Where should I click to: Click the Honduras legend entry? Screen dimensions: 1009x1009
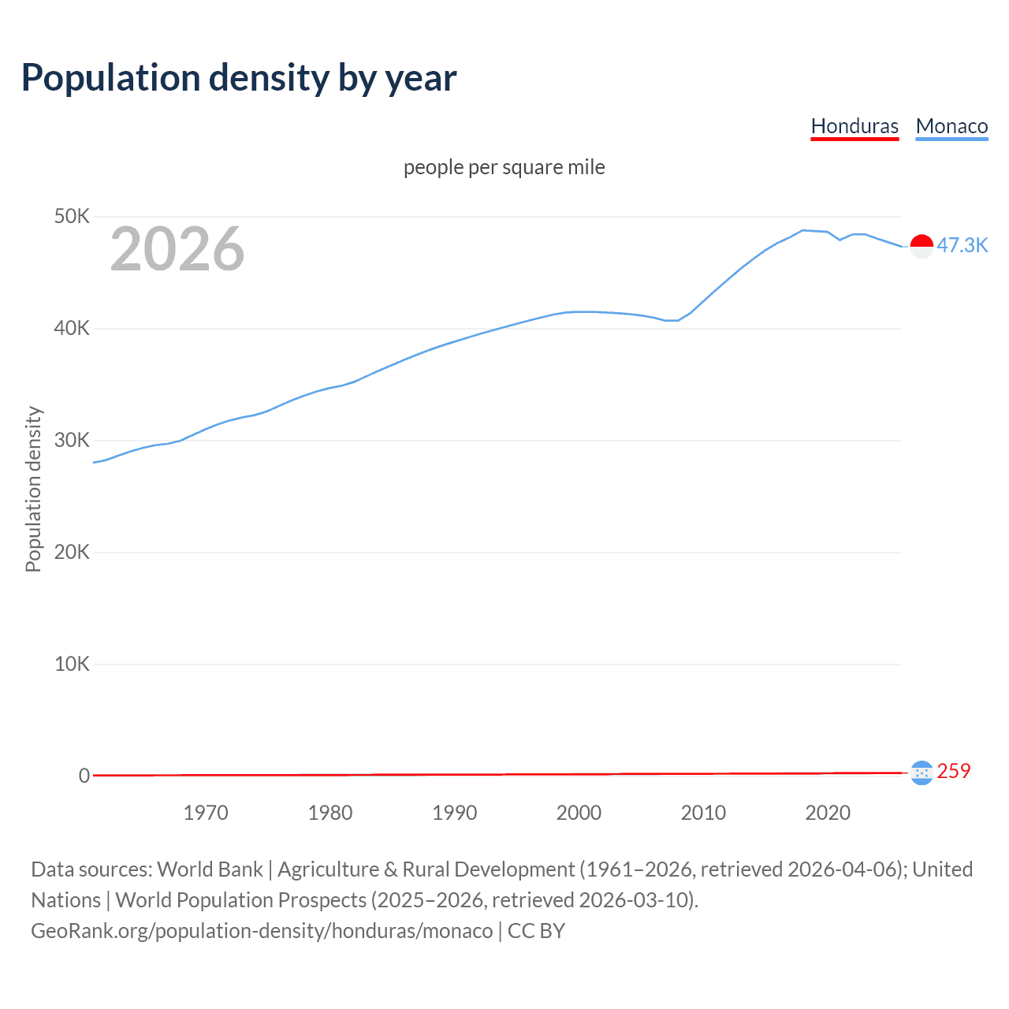854,126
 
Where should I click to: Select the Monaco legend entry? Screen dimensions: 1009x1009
951,126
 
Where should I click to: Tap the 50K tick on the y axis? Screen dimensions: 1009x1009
73,216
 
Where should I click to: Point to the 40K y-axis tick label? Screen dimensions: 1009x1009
73,328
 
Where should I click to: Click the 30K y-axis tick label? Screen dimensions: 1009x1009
73,440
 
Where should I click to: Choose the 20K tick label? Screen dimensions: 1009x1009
73,552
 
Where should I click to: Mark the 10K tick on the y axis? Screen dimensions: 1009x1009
73,664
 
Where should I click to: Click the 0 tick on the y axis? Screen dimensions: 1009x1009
84,776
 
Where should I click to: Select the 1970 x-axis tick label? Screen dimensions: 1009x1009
206,813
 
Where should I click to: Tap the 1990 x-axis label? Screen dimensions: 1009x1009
455,813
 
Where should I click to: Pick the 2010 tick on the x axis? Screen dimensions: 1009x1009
703,813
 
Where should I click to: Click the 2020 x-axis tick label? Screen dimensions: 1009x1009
828,813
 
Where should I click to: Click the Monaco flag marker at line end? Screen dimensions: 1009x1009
922,246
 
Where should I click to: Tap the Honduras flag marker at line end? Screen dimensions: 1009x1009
922,773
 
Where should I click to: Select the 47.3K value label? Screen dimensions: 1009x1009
962,245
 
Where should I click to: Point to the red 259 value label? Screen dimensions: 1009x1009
954,771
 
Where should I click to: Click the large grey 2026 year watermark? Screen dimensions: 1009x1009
177,249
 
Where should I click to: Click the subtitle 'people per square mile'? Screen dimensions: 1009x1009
504,167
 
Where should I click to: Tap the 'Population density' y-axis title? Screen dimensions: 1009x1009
33,489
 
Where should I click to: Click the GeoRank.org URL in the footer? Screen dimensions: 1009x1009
262,931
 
